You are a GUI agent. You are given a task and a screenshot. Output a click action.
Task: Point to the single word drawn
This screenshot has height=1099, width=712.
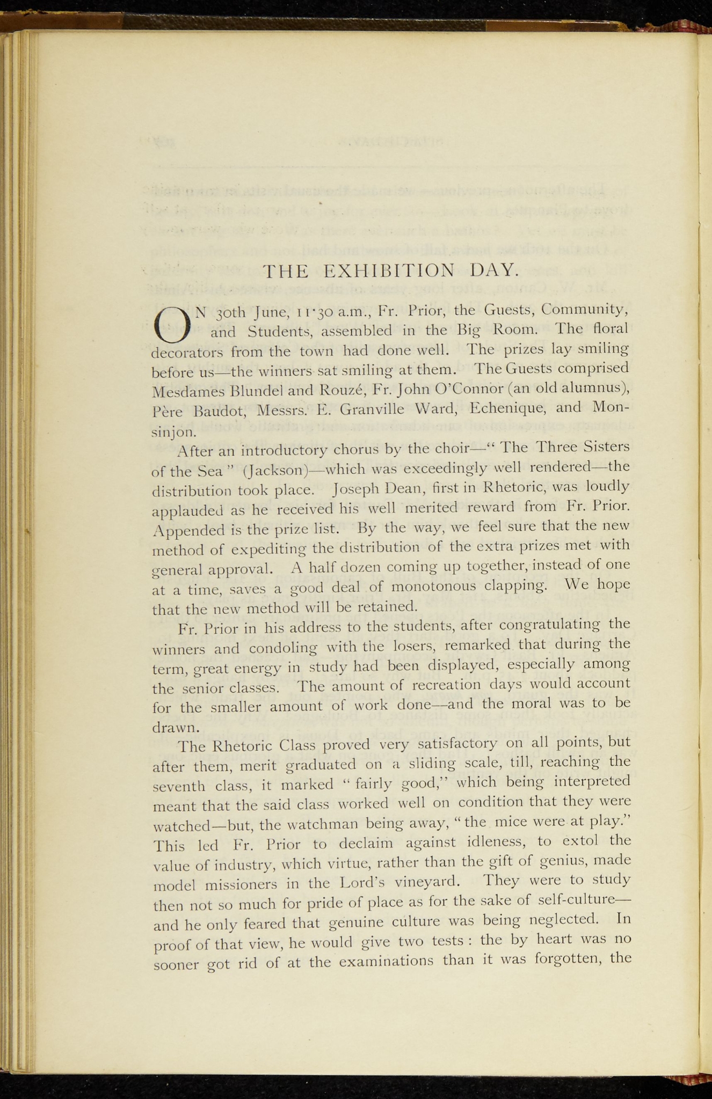click(169, 728)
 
